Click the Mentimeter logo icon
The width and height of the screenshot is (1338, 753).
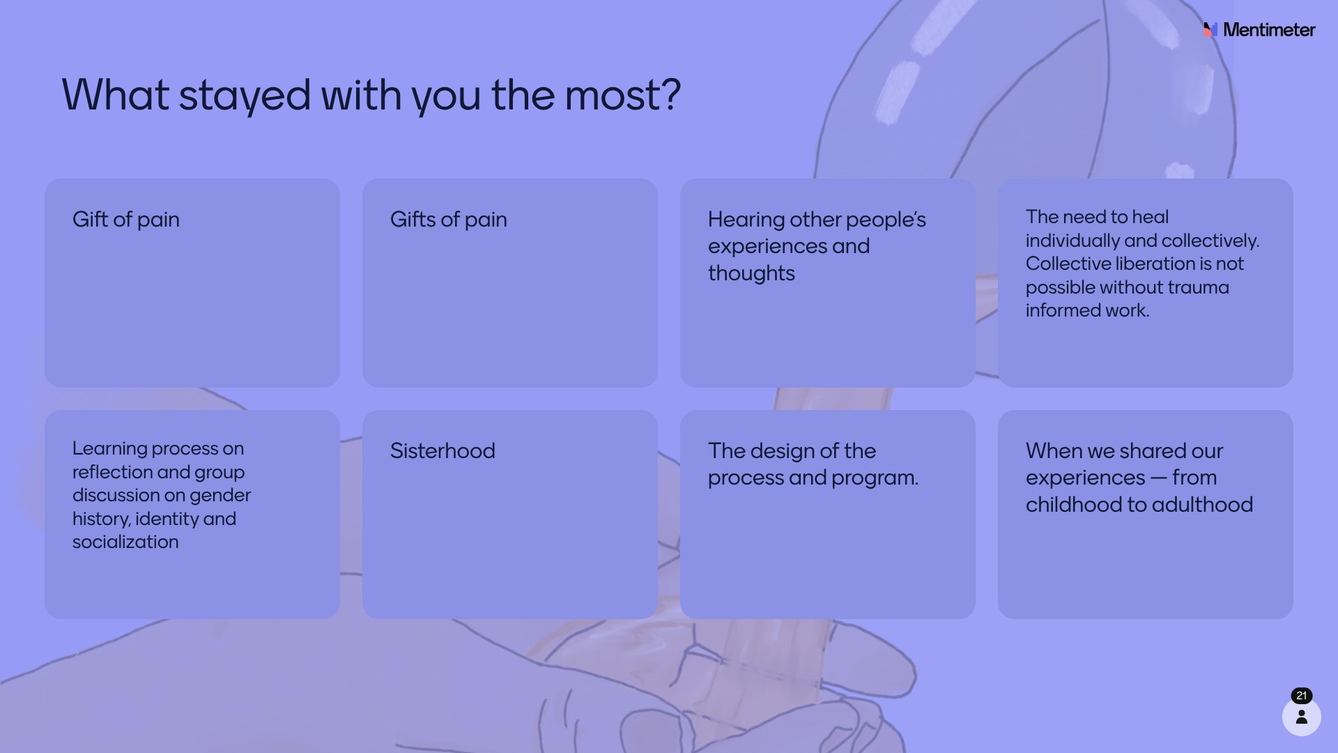(1210, 29)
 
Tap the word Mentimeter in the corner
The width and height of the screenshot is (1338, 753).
(1269, 30)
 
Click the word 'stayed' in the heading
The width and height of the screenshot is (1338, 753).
(245, 96)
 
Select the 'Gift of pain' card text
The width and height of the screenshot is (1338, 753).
(126, 220)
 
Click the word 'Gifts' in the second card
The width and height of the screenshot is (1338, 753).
(413, 220)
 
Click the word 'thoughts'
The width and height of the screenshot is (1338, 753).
(751, 273)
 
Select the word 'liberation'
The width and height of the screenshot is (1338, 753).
(1153, 264)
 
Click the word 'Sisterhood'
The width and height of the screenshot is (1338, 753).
(443, 451)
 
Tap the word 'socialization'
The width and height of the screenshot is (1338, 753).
(125, 542)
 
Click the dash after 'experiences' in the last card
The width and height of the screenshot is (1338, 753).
(1158, 478)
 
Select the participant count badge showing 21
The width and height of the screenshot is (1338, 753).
(1302, 696)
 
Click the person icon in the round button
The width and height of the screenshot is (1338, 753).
(1302, 717)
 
